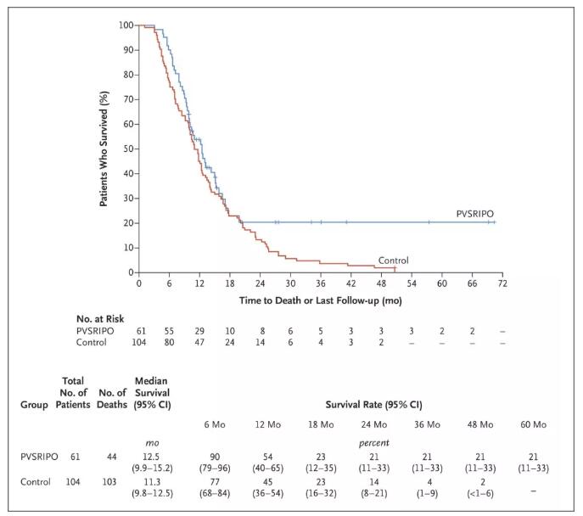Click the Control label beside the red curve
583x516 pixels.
tap(393, 261)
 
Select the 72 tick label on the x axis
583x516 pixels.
tap(502, 283)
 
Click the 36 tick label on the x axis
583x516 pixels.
tap(321, 283)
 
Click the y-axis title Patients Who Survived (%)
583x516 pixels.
tap(103, 149)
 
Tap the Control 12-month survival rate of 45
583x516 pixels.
tap(265, 480)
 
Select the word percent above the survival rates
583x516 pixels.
tap(371, 442)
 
